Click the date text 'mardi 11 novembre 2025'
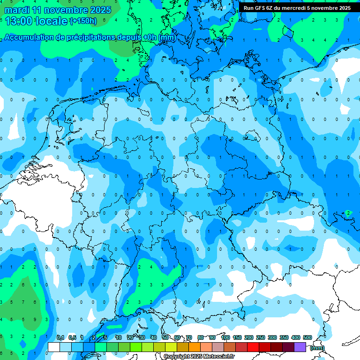pyautogui.click(x=58, y=10)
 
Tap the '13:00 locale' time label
pyautogui.click(x=36, y=21)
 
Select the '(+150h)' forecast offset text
pyautogui.click(x=83, y=21)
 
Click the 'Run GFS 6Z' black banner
pyautogui.click(x=297, y=8)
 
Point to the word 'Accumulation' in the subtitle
pyautogui.click(x=30, y=37)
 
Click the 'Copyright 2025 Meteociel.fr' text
pyautogui.click(x=199, y=357)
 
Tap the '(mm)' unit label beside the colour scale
pyautogui.click(x=317, y=348)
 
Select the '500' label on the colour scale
pyautogui.click(x=307, y=338)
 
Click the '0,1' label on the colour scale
pyautogui.click(x=60, y=338)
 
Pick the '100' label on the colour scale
pyautogui.click(x=225, y=338)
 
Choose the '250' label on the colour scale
pyautogui.click(x=261, y=338)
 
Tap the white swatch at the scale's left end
pyautogui.click(x=54, y=347)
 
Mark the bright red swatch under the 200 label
pyautogui.click(x=253, y=347)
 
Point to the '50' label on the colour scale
pyautogui.click(x=165, y=338)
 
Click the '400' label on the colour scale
pyautogui.click(x=296, y=338)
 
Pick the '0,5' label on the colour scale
pyautogui.click(x=72, y=338)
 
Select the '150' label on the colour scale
pyautogui.click(x=237, y=338)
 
